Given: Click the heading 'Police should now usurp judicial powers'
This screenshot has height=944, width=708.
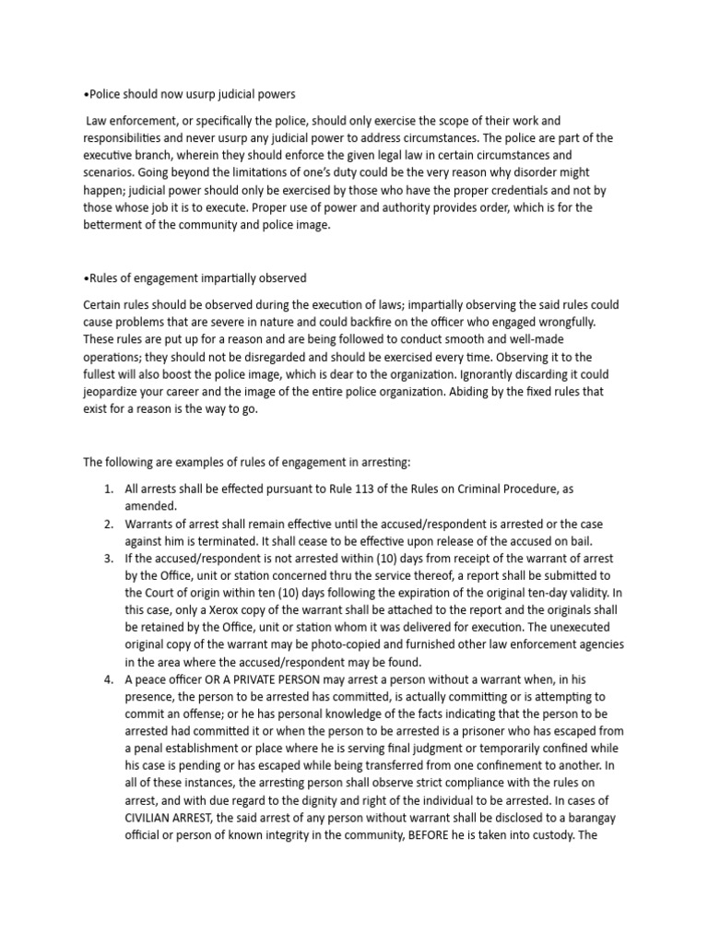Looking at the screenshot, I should (x=189, y=94).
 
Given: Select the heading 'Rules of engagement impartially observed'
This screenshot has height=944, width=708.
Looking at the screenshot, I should (x=195, y=277).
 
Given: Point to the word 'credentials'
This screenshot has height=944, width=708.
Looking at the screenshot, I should (x=516, y=190).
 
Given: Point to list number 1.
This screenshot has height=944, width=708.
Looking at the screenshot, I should (x=108, y=489).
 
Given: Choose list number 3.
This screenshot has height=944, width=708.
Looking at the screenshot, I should (x=108, y=559).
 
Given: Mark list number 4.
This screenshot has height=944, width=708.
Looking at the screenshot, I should (x=108, y=680).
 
